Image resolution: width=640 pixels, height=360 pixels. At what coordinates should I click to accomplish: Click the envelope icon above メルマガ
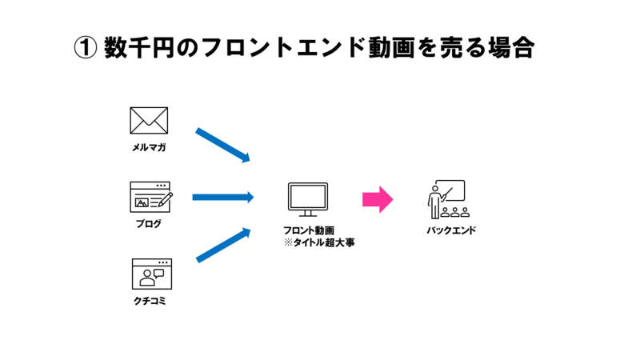tap(149, 121)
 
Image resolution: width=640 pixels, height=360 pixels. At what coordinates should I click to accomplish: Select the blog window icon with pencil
tap(151, 197)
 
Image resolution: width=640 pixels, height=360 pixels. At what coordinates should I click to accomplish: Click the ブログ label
tap(149, 224)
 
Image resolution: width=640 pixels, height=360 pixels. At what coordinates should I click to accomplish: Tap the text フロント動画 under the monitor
tap(308, 230)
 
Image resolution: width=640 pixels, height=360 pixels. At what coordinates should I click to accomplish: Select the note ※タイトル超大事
tap(318, 241)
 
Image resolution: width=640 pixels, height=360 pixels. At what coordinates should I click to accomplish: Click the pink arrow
tap(378, 199)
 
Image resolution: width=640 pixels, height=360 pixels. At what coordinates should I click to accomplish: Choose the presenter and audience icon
tap(446, 199)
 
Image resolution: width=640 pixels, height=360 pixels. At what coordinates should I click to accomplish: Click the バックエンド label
tap(451, 231)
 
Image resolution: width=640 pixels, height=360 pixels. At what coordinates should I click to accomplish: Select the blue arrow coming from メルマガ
tap(223, 145)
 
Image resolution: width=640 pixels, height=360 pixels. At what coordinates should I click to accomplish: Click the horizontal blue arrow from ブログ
tap(222, 197)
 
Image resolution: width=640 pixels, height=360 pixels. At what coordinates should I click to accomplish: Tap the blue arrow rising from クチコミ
tap(223, 245)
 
